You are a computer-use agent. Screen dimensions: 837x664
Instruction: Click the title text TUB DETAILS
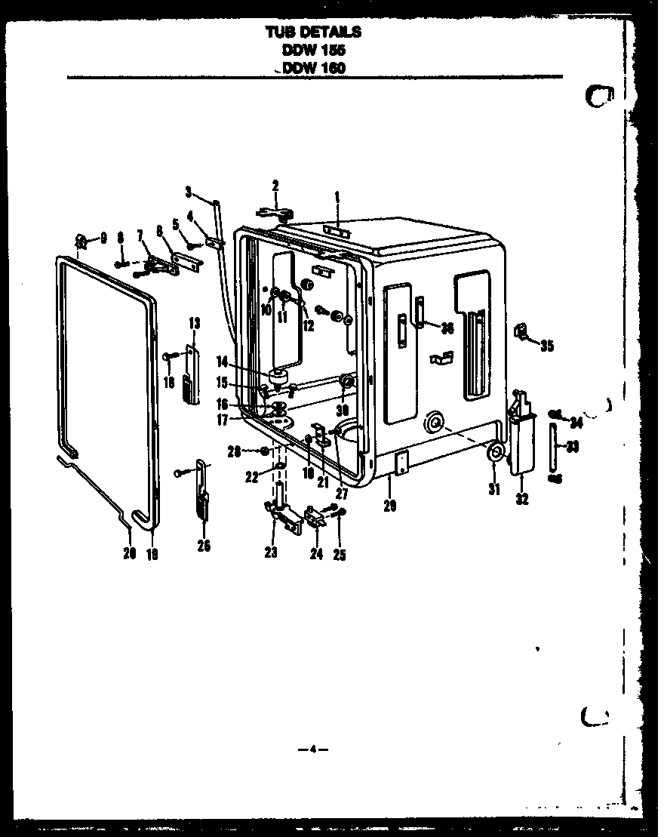pyautogui.click(x=313, y=32)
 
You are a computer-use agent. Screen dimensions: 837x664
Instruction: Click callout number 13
pyautogui.click(x=194, y=323)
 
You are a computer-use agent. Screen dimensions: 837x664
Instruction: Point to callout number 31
pyautogui.click(x=493, y=490)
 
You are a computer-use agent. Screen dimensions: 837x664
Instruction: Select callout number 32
pyautogui.click(x=522, y=499)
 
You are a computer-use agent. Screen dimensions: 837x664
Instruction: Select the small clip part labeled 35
pyautogui.click(x=520, y=330)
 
